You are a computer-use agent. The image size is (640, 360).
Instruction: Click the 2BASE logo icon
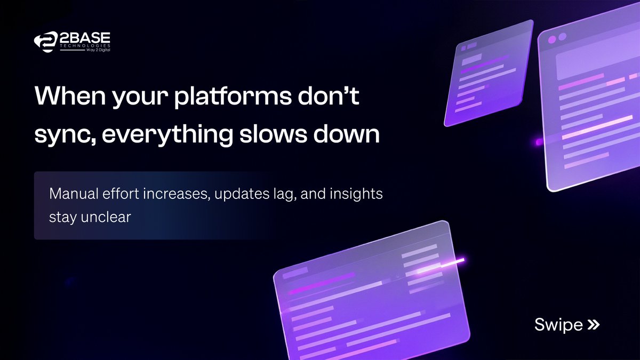45,43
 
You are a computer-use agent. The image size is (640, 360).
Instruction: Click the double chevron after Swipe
593,324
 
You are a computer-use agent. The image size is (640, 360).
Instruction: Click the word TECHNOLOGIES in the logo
84,46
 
